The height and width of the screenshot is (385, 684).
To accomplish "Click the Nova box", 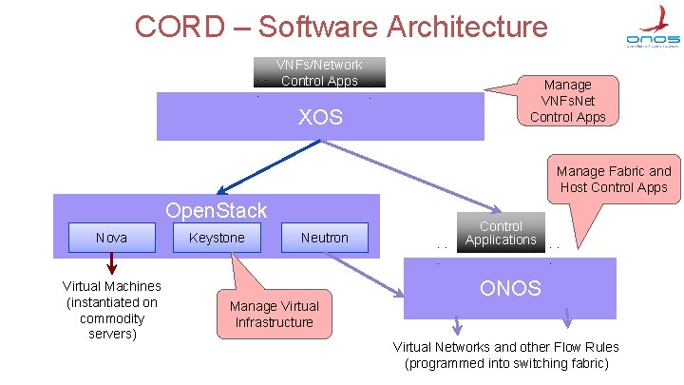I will [111, 238].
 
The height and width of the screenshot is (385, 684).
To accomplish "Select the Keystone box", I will [217, 238].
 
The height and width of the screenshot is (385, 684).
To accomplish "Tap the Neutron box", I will [325, 238].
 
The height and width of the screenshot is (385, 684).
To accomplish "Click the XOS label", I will [320, 119].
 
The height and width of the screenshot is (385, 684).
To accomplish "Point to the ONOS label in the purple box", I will [510, 288].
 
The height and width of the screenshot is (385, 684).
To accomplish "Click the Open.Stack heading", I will [216, 211].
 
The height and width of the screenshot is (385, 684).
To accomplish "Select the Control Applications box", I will [501, 233].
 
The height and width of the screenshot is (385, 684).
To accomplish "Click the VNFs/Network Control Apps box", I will [319, 73].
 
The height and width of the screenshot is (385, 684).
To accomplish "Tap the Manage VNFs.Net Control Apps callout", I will [567, 101].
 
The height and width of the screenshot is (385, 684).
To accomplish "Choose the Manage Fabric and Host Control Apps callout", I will [614, 179].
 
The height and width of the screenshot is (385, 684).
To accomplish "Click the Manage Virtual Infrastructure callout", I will [275, 314].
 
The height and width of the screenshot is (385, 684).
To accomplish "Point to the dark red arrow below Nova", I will [111, 262].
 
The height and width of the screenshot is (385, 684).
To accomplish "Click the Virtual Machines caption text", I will [111, 310].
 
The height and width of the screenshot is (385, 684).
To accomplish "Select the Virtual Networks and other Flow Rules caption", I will [505, 355].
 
